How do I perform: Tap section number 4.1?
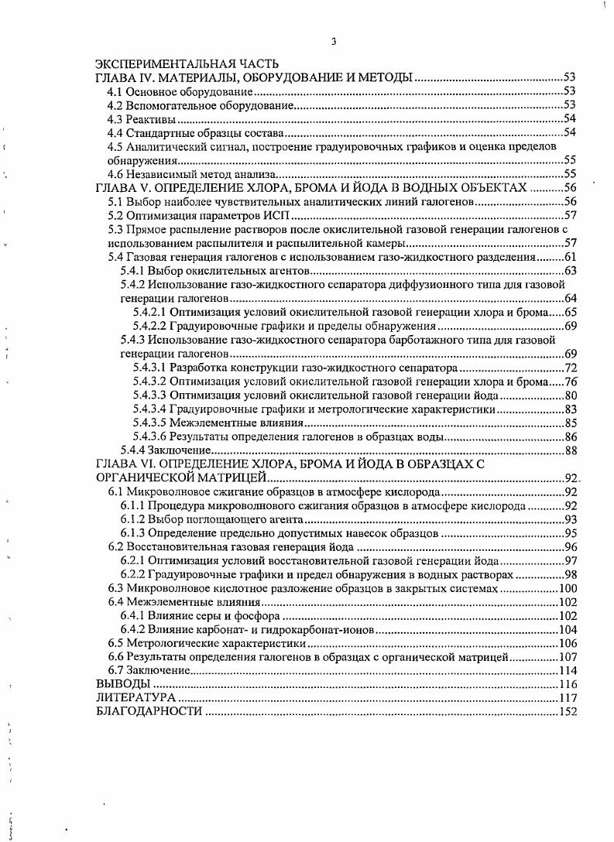coord(115,92)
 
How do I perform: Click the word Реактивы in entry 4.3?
coord(151,119)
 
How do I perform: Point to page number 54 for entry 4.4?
coord(570,133)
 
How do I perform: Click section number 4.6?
coord(115,174)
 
